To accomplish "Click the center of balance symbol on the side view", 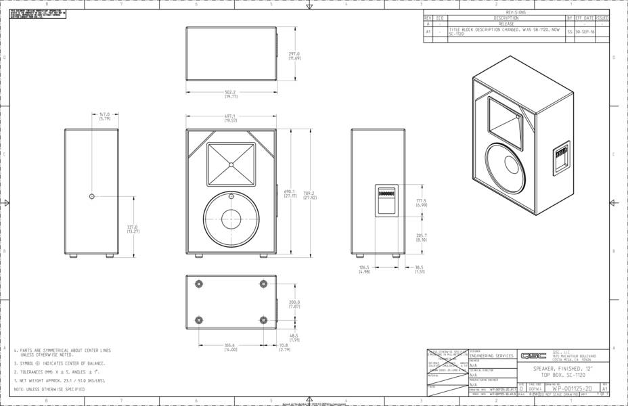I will click(91, 196).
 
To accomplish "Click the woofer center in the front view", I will click(231, 219).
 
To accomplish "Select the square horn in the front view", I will click(231, 164).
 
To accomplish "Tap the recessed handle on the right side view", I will click(385, 200).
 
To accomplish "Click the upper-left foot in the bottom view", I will click(198, 283).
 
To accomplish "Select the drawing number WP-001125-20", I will click(572, 389).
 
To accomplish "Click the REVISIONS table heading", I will click(516, 12).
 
